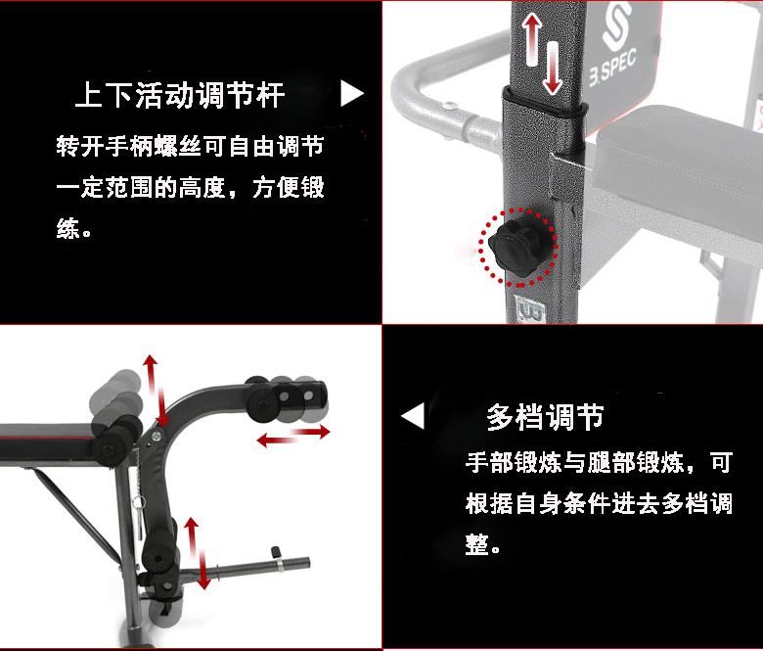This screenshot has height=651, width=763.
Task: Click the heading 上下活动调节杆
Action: tap(180, 96)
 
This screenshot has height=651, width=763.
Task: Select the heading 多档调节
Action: tap(545, 417)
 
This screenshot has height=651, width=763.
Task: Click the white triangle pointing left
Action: tap(413, 416)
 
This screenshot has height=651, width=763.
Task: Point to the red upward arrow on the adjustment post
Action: tap(531, 39)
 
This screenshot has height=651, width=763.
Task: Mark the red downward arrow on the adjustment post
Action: tap(553, 69)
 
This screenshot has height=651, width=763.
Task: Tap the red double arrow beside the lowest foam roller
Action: tap(198, 554)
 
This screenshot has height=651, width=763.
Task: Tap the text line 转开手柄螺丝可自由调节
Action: tap(190, 148)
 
